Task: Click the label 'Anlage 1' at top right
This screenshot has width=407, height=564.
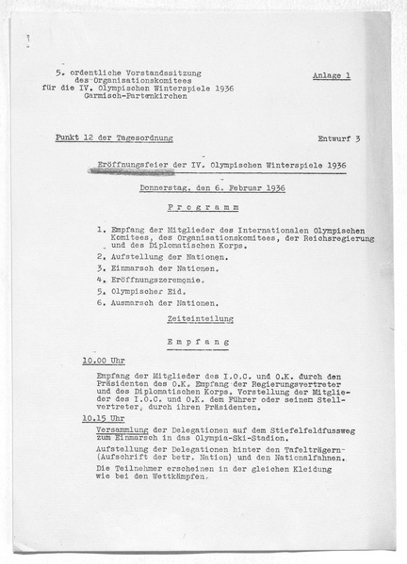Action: [331, 75]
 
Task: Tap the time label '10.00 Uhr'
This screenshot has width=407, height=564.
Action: [104, 362]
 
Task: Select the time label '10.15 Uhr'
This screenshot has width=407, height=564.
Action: [104, 417]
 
